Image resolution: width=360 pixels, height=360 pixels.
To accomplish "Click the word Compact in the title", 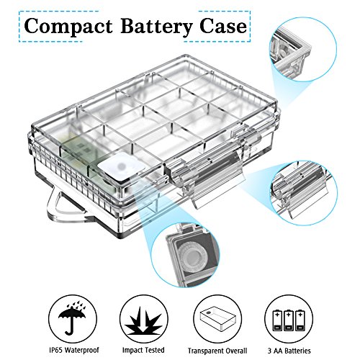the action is coord(68,26).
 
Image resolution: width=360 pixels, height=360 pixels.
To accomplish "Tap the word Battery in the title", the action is coord(156,26).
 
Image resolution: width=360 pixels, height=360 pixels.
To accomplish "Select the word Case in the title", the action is coord(223,26).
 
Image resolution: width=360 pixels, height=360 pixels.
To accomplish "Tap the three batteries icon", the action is coord(289,320).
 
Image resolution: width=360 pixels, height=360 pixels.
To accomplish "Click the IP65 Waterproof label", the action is coord(74,350).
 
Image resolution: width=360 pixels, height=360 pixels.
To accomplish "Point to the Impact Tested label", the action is coord(143,350).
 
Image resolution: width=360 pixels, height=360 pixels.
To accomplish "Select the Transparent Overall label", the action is coord(217,351).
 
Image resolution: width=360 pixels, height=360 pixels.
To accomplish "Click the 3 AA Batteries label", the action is coord(289,351).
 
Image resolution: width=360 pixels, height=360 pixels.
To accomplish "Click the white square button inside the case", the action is coord(122,166).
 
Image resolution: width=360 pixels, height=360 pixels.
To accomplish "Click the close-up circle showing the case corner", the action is coord(305,50).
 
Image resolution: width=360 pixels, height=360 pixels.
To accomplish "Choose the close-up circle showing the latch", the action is coord(305,193).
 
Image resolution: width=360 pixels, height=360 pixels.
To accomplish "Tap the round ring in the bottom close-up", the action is coord(192,256).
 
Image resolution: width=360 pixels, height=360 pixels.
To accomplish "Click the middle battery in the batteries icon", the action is coord(289,320).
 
